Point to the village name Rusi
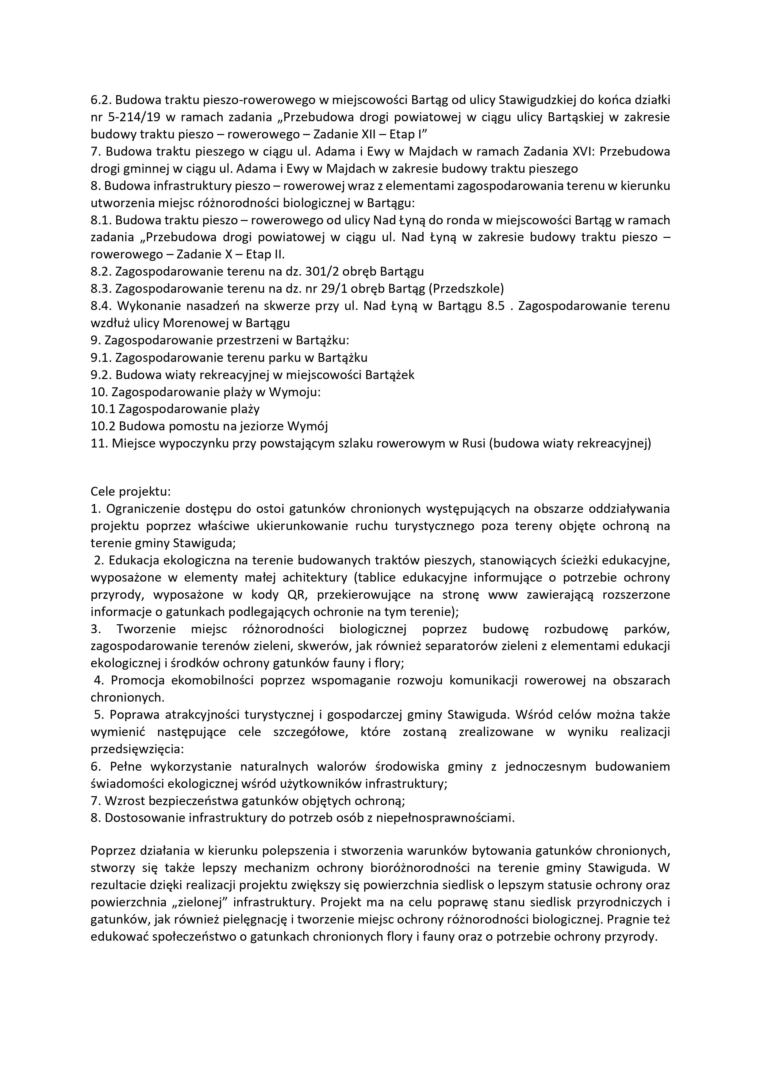474,443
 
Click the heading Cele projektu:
131,492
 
